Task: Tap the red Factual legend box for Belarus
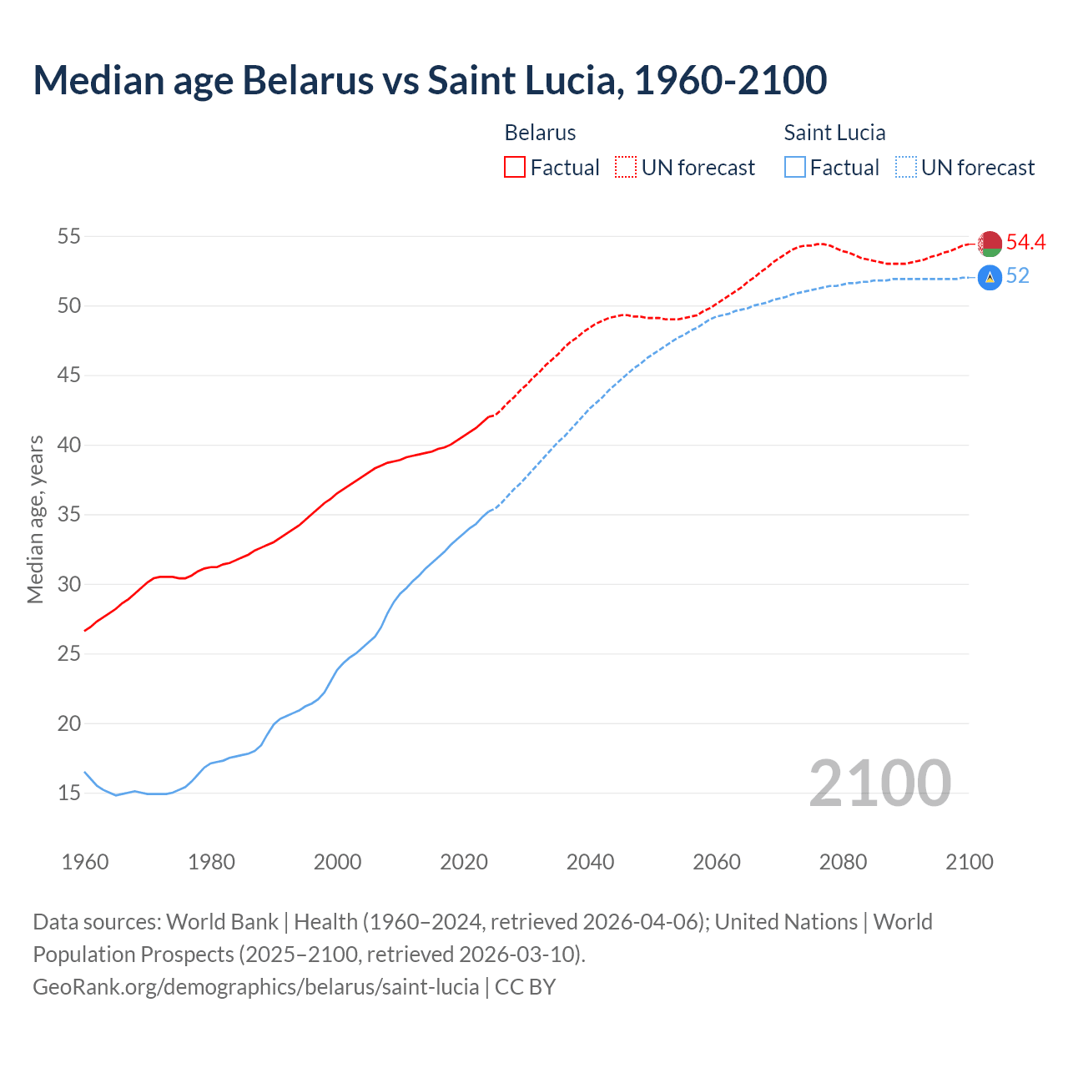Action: [515, 168]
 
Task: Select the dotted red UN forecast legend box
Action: [626, 168]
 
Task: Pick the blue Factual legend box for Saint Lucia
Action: [795, 168]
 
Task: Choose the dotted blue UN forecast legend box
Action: [906, 168]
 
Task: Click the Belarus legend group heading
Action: [540, 133]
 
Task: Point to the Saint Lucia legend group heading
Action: [834, 133]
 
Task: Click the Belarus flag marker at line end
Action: [990, 244]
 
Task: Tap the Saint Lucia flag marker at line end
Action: [990, 277]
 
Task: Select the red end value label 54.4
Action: [1025, 242]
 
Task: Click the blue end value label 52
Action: [1017, 276]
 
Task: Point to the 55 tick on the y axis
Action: [69, 236]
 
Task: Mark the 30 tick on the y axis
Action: [69, 584]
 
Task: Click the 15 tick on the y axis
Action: [69, 793]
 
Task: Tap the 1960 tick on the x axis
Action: [85, 862]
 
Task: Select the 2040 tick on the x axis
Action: [590, 862]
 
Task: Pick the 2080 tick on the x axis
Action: [843, 862]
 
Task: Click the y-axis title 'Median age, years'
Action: [36, 519]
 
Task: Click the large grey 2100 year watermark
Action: [879, 783]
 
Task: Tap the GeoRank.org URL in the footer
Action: [255, 987]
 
